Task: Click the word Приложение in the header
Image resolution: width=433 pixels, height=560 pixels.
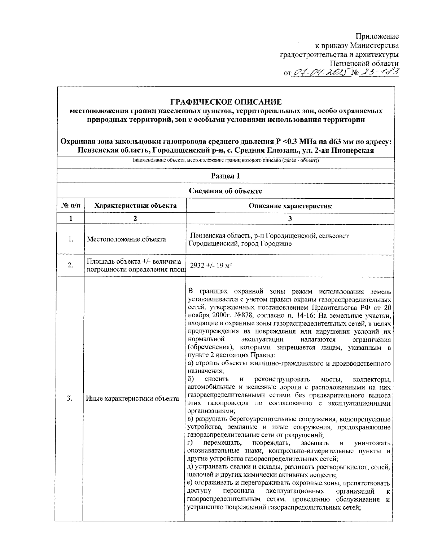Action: pos(377,36)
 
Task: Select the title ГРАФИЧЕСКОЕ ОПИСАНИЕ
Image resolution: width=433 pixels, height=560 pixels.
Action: pos(226,102)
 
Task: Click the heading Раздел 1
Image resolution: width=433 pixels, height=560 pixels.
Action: pos(225,176)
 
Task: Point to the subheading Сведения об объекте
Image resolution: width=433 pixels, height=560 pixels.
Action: pos(225,191)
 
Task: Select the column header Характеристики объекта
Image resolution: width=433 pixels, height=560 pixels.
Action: pos(135,206)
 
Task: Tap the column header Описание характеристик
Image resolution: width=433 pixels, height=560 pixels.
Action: pos(290,206)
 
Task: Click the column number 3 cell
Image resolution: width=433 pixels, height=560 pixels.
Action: pos(290,219)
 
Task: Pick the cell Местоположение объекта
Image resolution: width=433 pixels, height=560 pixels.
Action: pos(126,239)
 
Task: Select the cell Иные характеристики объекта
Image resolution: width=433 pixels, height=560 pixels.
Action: pos(132,398)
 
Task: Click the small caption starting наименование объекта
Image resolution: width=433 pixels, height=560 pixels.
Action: pos(225,160)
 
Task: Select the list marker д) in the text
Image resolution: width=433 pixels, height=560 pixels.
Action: pos(191,467)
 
